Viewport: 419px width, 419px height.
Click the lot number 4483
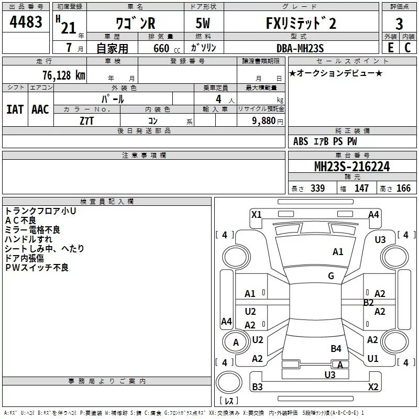(x=26, y=22)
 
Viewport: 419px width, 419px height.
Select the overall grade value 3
(x=399, y=24)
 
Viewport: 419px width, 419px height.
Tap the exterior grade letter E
(x=390, y=47)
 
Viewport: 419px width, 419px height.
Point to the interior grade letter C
(x=407, y=47)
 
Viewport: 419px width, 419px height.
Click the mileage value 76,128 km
(x=63, y=75)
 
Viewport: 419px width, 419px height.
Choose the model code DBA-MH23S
(x=300, y=48)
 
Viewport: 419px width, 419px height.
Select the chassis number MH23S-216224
(x=351, y=167)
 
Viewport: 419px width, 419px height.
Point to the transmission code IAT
(x=15, y=109)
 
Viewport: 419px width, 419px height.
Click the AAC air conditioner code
(x=40, y=109)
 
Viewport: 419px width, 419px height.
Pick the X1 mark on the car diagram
(x=256, y=214)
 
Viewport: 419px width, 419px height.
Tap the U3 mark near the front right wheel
(x=380, y=239)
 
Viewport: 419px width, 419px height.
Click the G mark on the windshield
(x=331, y=275)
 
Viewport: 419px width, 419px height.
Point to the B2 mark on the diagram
(x=369, y=302)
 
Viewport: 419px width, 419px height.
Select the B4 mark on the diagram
(x=336, y=348)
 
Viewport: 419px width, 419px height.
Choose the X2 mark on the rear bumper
(x=373, y=387)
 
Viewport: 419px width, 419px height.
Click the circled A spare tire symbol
(x=236, y=342)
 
